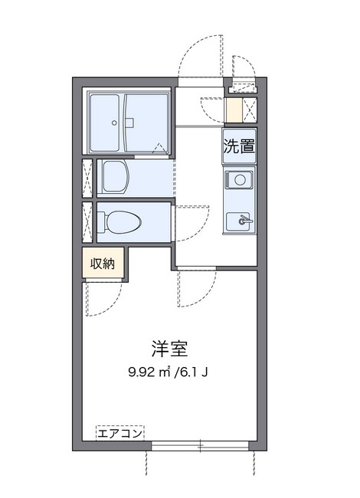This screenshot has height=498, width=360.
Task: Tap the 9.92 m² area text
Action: point(150,374)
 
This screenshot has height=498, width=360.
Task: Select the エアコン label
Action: point(120,434)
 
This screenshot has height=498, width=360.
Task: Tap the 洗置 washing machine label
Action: point(238,146)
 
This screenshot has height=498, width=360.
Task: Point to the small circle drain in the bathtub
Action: point(114,122)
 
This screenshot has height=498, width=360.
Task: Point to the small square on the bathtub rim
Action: point(130,122)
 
